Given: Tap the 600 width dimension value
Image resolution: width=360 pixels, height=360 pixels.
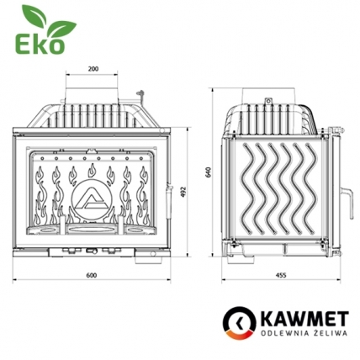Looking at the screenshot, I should point(90,275).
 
